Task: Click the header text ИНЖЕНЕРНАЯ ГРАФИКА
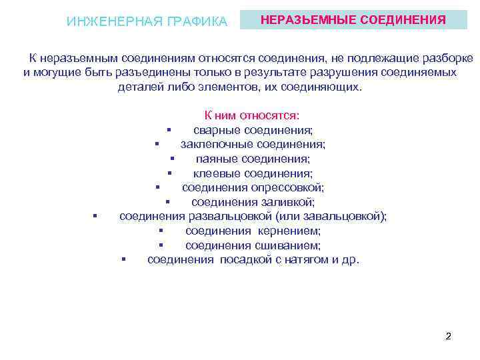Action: click(147, 21)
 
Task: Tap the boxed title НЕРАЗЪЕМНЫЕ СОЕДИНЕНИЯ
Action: click(353, 20)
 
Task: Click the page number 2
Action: click(448, 336)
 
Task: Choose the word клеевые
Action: click(214, 173)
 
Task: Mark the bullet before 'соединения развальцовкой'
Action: click(96, 216)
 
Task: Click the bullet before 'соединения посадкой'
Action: click(124, 259)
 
